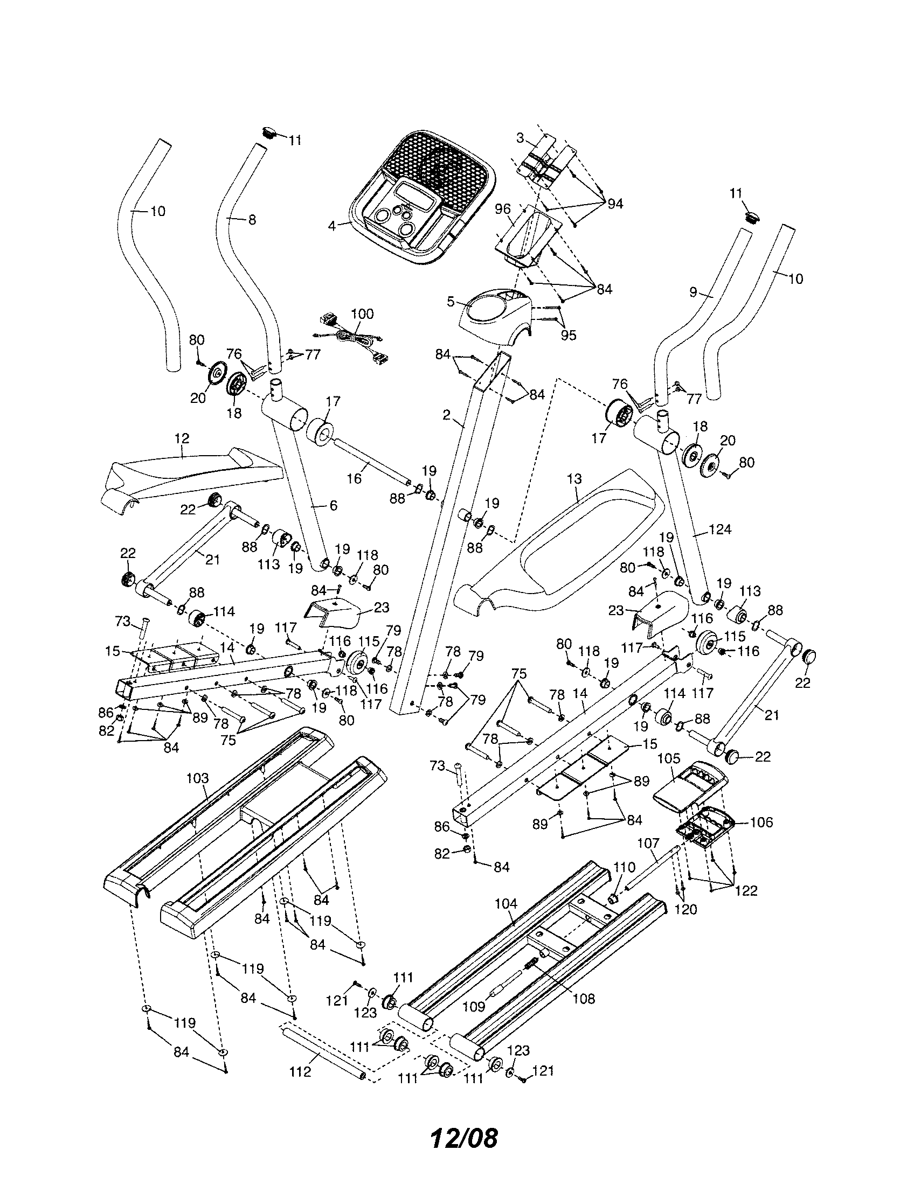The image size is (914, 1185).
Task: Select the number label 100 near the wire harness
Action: tap(362, 314)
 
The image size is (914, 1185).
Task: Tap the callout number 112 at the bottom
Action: tap(300, 1071)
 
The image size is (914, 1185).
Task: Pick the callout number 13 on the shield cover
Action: tap(574, 479)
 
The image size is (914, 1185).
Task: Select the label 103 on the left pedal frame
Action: tap(197, 779)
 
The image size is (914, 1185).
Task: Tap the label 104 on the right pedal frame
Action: tap(506, 904)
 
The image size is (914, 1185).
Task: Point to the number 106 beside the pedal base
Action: tap(761, 822)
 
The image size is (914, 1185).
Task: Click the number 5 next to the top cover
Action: tap(451, 302)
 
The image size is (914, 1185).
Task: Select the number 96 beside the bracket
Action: tap(503, 208)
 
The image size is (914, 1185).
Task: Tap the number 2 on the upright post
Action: tap(446, 415)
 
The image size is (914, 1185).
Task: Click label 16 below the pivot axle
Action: tap(354, 479)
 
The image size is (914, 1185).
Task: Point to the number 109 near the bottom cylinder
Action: tap(473, 1007)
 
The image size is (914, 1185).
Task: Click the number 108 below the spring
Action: tap(583, 998)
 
